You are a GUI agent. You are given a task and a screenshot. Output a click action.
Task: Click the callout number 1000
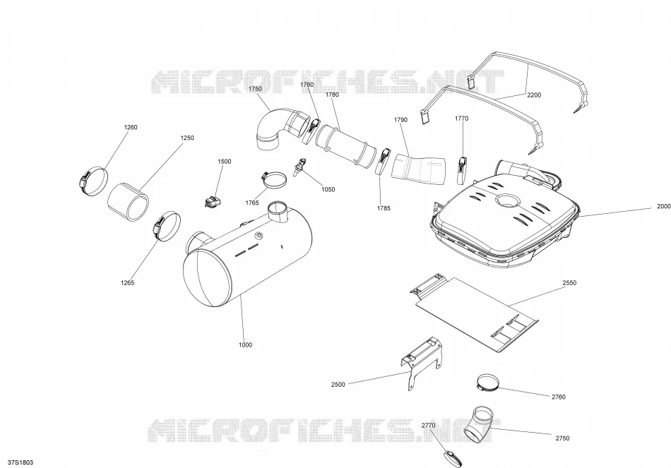pyautogui.click(x=245, y=344)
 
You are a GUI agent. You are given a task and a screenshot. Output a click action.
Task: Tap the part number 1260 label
pyautogui.click(x=131, y=127)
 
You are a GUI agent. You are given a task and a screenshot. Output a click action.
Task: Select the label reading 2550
pyautogui.click(x=569, y=283)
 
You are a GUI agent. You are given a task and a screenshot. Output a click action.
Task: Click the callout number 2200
pyautogui.click(x=534, y=95)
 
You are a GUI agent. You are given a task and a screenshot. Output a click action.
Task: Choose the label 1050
pyautogui.click(x=328, y=189)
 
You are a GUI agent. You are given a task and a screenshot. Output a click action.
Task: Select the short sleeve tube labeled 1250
pyautogui.click(x=128, y=201)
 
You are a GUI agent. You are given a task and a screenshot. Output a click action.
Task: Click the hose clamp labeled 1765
pyautogui.click(x=274, y=179)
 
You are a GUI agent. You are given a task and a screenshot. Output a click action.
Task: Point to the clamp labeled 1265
pyautogui.click(x=167, y=226)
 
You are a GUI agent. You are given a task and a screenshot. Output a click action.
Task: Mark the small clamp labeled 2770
pyautogui.click(x=453, y=457)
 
